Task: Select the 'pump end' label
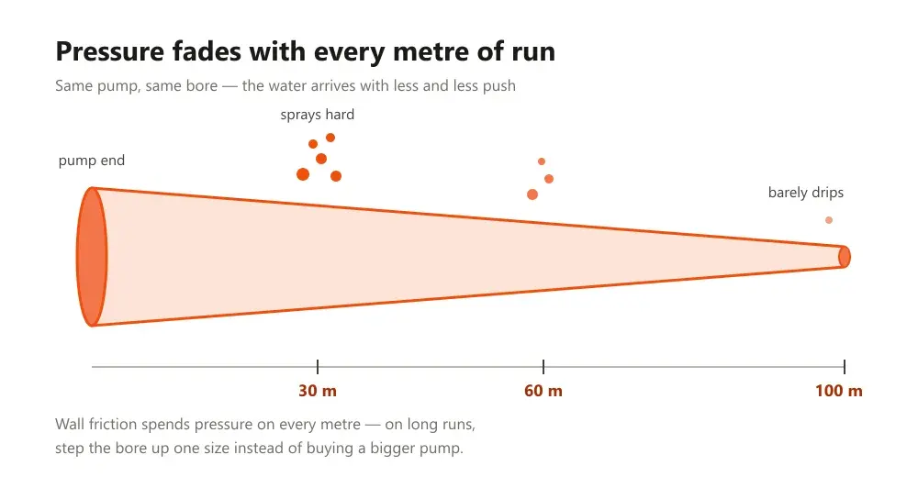pyautogui.click(x=91, y=161)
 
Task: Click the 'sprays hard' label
pyautogui.click(x=318, y=115)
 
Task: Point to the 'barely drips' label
pyautogui.click(x=806, y=193)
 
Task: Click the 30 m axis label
pyautogui.click(x=318, y=391)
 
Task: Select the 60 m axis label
pyautogui.click(x=543, y=391)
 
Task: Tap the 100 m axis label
pyautogui.click(x=838, y=391)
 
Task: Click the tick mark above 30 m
pyautogui.click(x=318, y=367)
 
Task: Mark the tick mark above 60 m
pyautogui.click(x=543, y=367)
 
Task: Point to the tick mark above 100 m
pyautogui.click(x=845, y=367)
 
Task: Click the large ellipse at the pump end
pyautogui.click(x=92, y=256)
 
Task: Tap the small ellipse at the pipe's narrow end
pyautogui.click(x=845, y=257)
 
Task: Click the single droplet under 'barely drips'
pyautogui.click(x=829, y=220)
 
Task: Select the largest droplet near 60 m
pyautogui.click(x=532, y=194)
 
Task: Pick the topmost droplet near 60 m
pyautogui.click(x=542, y=161)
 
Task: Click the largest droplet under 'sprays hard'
pyautogui.click(x=303, y=173)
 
